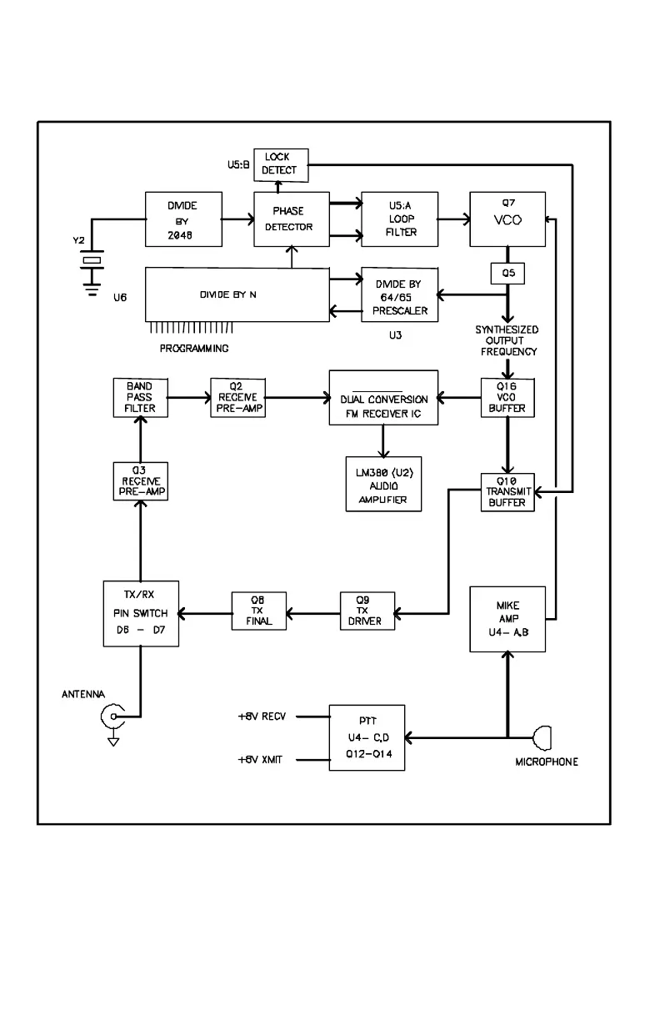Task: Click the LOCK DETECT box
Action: (x=280, y=165)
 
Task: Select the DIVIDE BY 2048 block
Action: (x=183, y=219)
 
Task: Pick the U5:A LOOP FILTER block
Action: (x=399, y=219)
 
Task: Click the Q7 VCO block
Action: (x=507, y=219)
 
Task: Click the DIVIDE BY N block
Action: (x=237, y=294)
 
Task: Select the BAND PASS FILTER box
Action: (x=140, y=398)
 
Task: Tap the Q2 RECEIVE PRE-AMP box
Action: (x=237, y=398)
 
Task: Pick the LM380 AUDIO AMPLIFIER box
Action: (x=384, y=483)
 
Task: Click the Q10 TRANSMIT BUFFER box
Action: (x=507, y=491)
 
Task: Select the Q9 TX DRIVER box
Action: (x=367, y=611)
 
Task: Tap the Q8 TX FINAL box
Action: (x=259, y=611)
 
